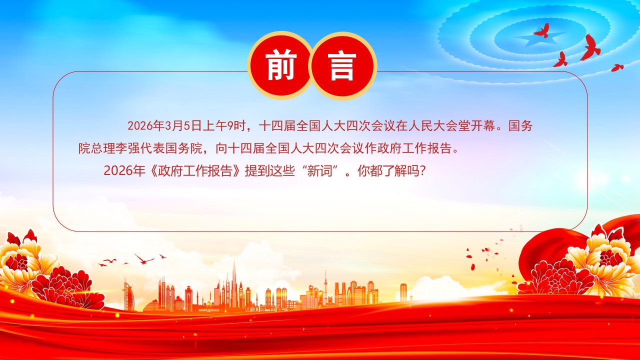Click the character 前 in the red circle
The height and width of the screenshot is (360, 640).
tap(280, 65)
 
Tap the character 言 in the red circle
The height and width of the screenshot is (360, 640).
tap(341, 65)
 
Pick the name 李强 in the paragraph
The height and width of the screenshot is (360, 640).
tap(127, 148)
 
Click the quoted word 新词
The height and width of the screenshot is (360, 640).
tap(319, 171)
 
